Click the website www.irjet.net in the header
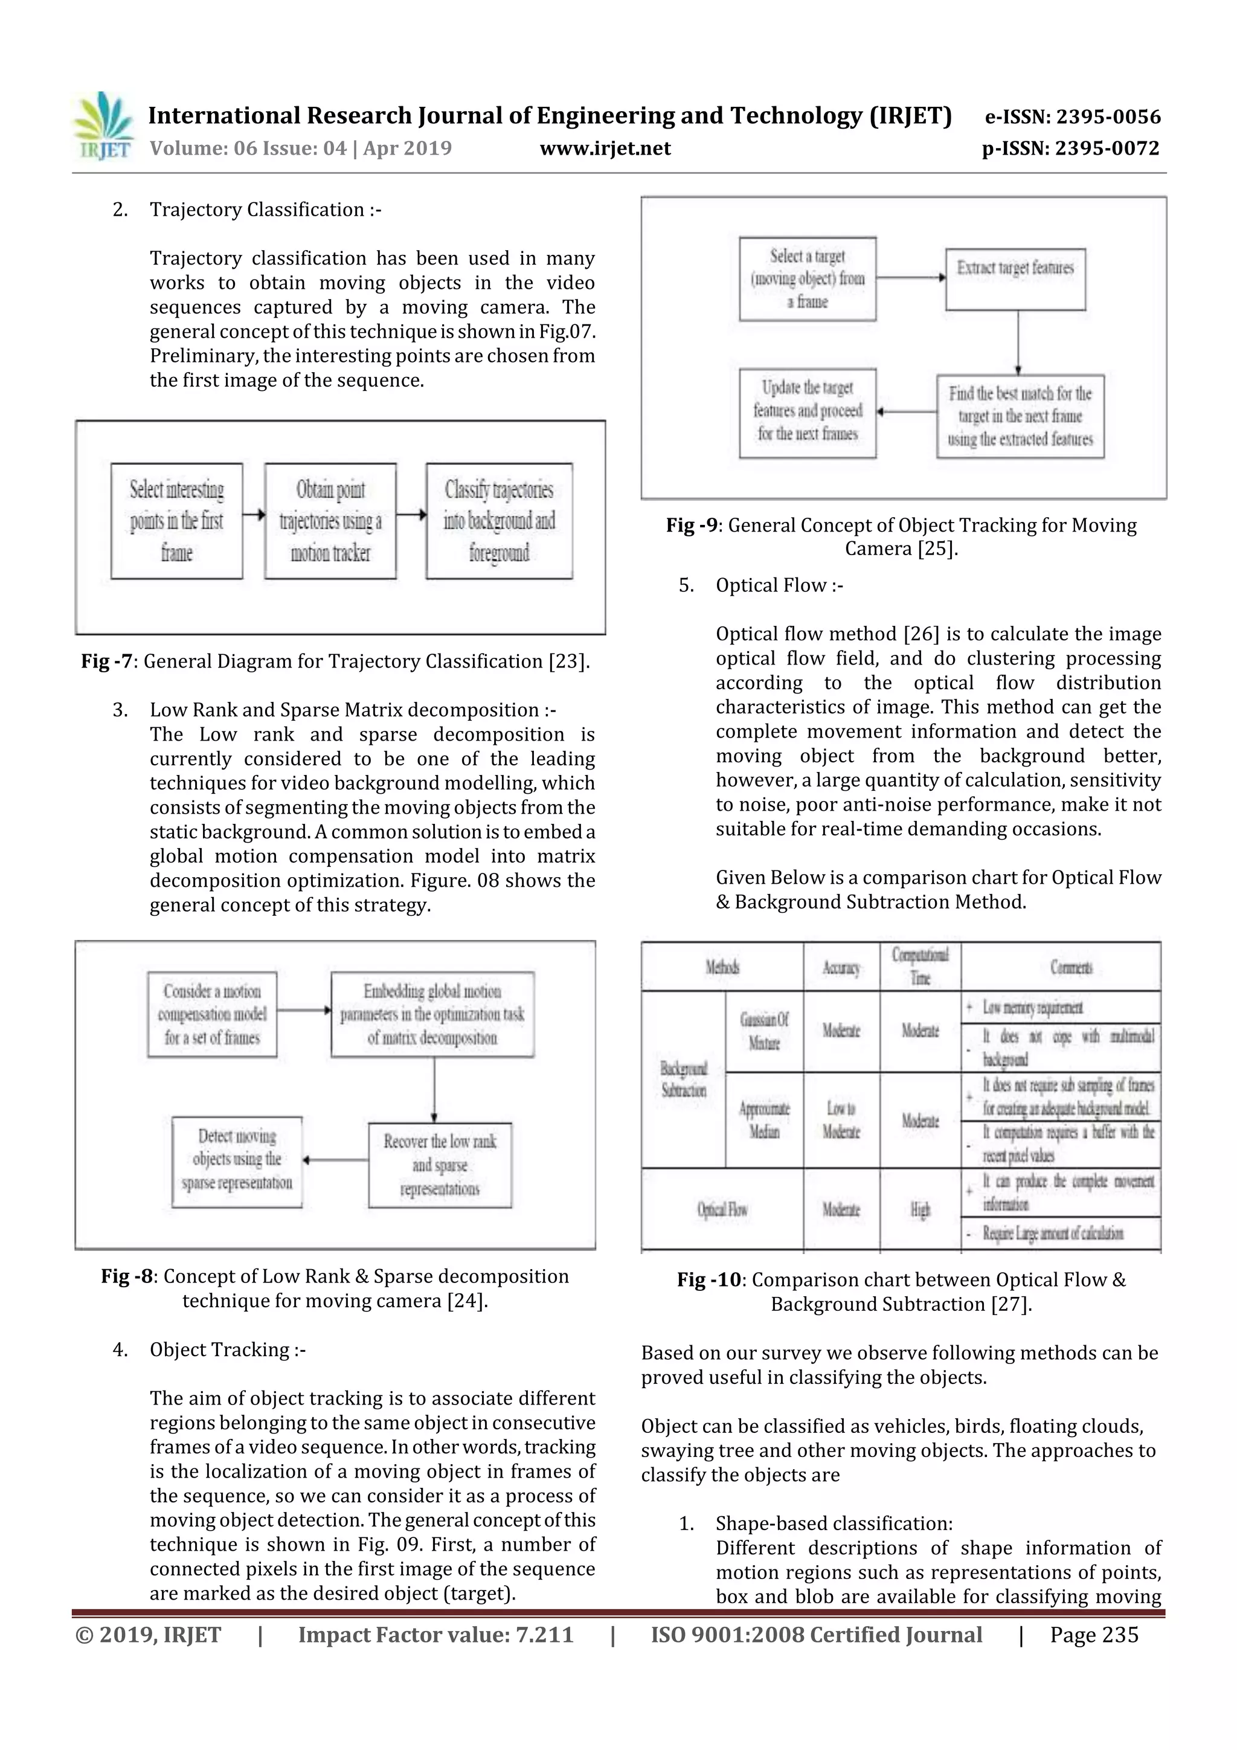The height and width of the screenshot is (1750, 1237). pyautogui.click(x=605, y=148)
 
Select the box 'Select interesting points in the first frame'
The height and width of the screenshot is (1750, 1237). pyautogui.click(x=177, y=521)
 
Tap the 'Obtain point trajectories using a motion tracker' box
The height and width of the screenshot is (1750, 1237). pyautogui.click(x=330, y=521)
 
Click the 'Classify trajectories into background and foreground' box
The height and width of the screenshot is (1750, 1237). pyautogui.click(x=500, y=521)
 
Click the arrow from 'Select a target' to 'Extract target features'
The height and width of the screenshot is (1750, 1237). pyautogui.click(x=911, y=277)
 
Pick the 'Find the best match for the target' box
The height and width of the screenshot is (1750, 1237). pyautogui.click(x=1020, y=416)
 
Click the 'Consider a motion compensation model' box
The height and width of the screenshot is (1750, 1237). pyautogui.click(x=213, y=1014)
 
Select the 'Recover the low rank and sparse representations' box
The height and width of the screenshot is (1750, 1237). pyautogui.click(x=440, y=1165)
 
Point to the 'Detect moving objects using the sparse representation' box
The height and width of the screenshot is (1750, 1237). pyautogui.click(x=237, y=1162)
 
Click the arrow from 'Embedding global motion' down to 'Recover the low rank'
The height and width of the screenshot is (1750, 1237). pyautogui.click(x=434, y=1090)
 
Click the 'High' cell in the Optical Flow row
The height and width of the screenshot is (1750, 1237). pyautogui.click(x=920, y=1211)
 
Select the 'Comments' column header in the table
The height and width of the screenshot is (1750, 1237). pyautogui.click(x=1071, y=967)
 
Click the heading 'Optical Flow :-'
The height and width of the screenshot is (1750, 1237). pyautogui.click(x=779, y=585)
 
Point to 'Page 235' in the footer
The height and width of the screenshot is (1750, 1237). pyautogui.click(x=1094, y=1635)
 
